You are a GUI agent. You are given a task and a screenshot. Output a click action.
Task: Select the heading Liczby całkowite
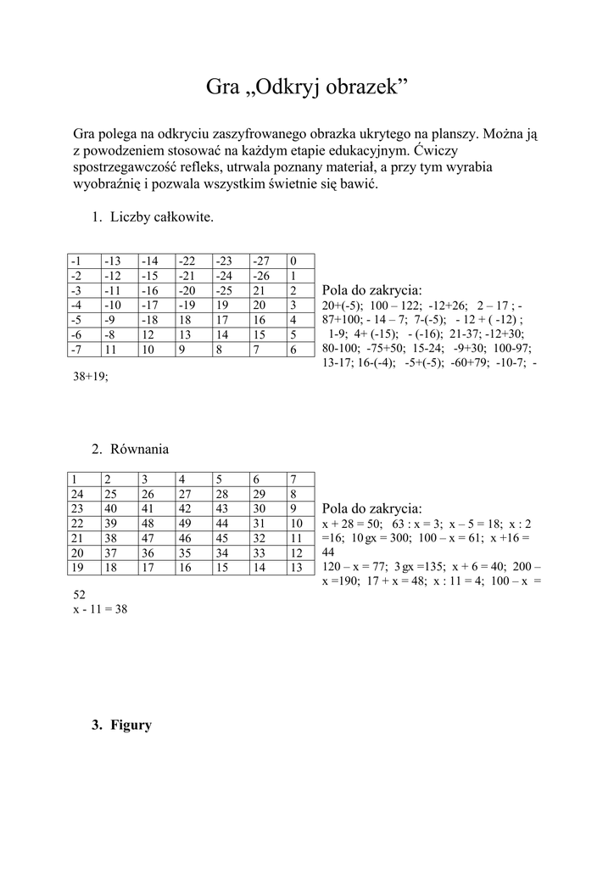coord(161,217)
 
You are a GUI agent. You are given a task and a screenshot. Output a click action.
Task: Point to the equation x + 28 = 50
coord(352,524)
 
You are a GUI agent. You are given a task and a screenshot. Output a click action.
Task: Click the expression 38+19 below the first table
coord(91,378)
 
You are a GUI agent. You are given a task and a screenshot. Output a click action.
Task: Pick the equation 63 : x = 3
coord(416,524)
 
